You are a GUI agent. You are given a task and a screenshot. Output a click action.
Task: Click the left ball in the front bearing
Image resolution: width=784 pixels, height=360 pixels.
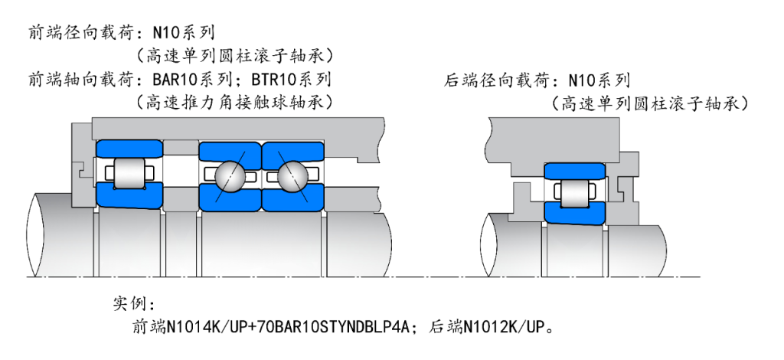tap(230, 176)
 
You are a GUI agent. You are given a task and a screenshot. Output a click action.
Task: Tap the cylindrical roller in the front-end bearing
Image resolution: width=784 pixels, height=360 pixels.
tap(128, 174)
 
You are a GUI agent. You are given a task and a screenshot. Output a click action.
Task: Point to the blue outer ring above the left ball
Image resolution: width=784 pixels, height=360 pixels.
tap(230, 151)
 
